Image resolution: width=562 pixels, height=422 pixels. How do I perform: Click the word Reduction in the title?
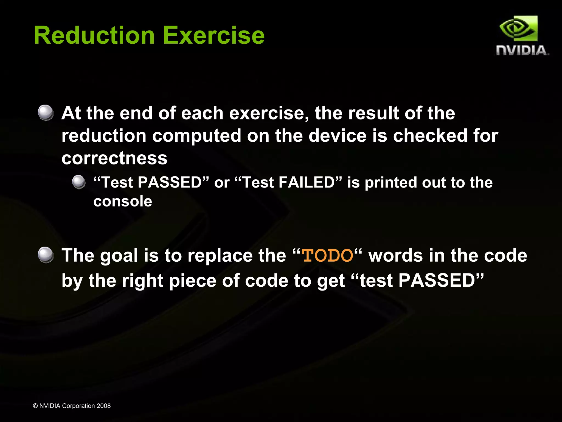(x=94, y=35)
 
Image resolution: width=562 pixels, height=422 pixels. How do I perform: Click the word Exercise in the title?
(x=214, y=35)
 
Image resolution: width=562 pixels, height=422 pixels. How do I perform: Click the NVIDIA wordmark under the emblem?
(x=522, y=51)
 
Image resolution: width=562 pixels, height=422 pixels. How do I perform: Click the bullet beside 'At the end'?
(x=46, y=113)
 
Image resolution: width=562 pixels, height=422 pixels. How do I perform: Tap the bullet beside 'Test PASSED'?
(x=79, y=182)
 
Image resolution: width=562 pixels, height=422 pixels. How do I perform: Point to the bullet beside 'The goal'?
(x=46, y=255)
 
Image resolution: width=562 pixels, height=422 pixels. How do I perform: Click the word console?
(x=123, y=201)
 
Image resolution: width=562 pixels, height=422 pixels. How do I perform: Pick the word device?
(x=337, y=136)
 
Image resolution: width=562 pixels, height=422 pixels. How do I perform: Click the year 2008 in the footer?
(x=103, y=406)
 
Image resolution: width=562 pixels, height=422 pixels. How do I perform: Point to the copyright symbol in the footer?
(x=35, y=406)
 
